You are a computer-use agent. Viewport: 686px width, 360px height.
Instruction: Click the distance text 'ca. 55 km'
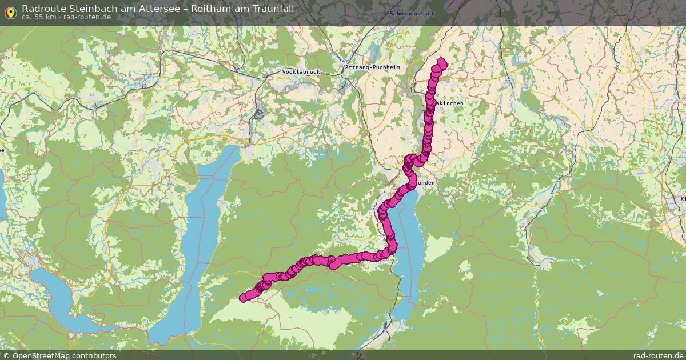point(38,17)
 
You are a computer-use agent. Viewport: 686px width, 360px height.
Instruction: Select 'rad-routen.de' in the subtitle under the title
point(87,17)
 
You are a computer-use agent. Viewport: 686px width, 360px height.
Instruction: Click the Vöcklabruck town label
point(301,71)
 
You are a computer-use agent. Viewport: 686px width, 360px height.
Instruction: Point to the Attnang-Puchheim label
point(372,67)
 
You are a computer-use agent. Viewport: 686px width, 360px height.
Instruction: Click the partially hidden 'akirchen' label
point(449,103)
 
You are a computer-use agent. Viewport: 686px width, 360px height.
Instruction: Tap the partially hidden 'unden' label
point(426,182)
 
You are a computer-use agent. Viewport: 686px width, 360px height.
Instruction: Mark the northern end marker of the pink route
point(441,62)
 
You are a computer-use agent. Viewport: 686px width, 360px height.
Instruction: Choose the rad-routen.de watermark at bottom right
point(658,355)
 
